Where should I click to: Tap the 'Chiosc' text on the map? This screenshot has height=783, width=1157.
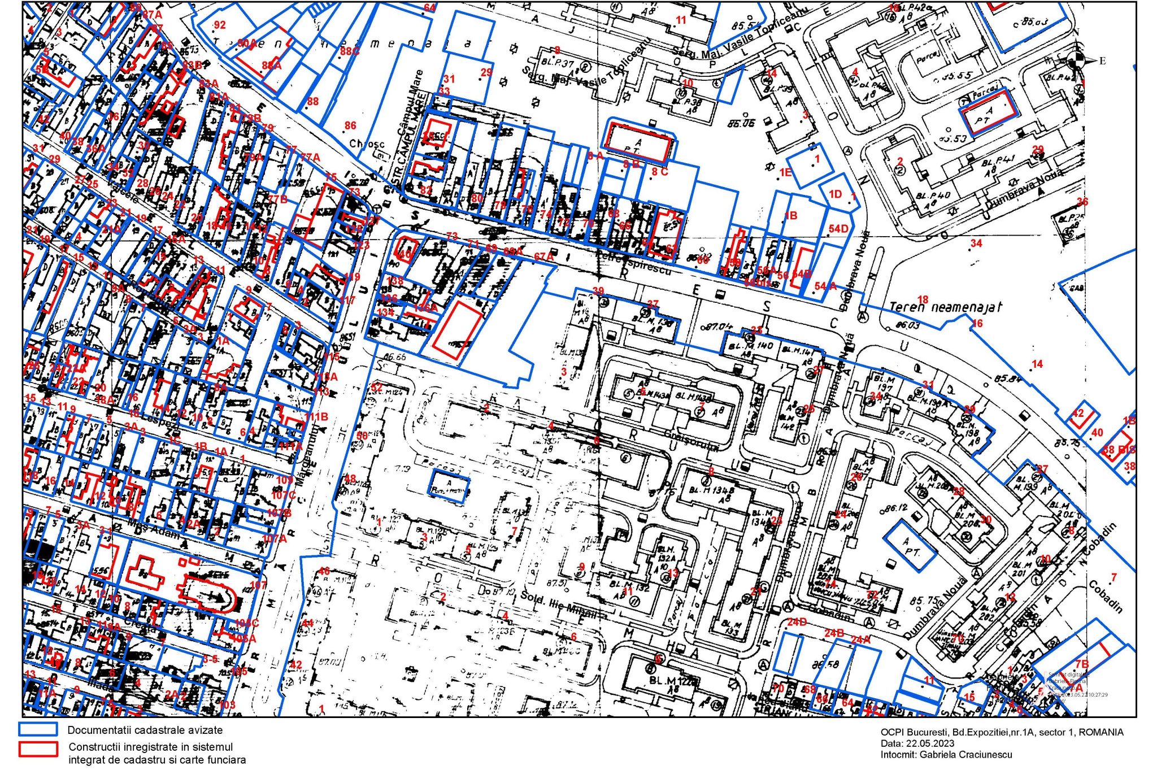tap(367, 144)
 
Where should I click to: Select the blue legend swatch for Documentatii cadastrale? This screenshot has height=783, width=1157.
tap(38, 729)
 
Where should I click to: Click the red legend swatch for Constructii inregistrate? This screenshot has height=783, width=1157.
tap(38, 749)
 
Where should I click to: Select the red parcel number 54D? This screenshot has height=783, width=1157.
tap(838, 229)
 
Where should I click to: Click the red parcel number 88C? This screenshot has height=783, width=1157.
tap(349, 51)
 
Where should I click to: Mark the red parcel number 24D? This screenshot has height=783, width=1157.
tap(797, 622)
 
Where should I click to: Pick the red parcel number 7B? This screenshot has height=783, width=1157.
tap(1081, 664)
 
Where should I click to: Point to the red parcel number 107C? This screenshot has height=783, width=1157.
tap(283, 495)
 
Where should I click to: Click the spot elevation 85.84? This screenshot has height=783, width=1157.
tap(1007, 378)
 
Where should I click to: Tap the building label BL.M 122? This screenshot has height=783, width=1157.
tap(672, 681)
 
